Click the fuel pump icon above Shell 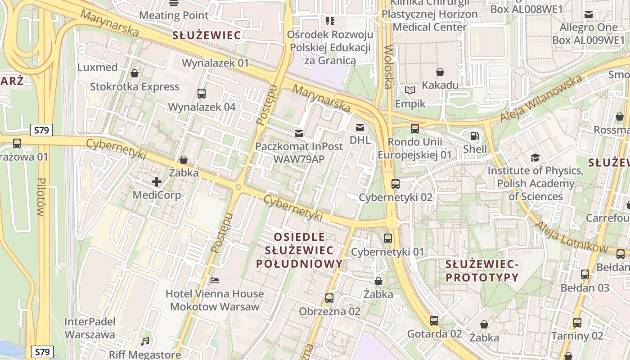click(474, 135)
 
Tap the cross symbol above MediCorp click(157, 182)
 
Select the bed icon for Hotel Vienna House click(215, 280)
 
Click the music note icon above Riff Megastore click(145, 342)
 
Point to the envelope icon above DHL click(360, 127)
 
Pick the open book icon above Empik click(409, 90)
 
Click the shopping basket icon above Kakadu click(440, 72)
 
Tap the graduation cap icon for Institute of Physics click(535, 157)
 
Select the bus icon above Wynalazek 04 click(201, 94)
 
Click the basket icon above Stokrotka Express click(134, 73)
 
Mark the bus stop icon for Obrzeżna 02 click(329, 298)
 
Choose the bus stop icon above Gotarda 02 click(434, 320)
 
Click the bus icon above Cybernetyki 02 click(395, 184)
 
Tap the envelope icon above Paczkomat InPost click(298, 133)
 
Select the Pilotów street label click(42, 197)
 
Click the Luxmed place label click(97, 67)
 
